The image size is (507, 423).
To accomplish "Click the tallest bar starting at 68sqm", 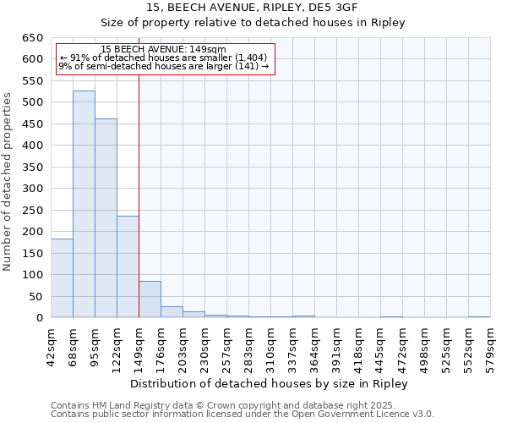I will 84,204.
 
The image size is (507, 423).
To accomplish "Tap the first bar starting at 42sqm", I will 62,278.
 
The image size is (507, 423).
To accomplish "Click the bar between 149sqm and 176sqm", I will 150,299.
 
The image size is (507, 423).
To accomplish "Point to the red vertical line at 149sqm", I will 139,195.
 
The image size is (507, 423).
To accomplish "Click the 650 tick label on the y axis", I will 33,38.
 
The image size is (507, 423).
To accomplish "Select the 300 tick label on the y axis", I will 33,189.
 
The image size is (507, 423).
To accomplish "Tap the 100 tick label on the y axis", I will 33,275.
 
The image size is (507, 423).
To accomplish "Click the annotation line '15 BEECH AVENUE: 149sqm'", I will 162,50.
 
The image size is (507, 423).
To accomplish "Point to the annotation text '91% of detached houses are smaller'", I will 164,58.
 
